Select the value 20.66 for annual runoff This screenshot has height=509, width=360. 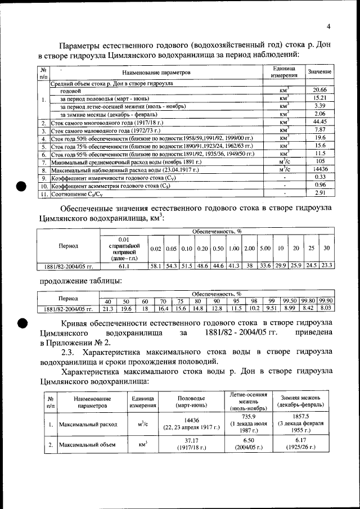pyautogui.click(x=319, y=90)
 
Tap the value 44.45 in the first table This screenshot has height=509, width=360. pyautogui.click(x=319, y=121)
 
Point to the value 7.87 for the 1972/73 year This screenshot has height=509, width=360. pyautogui.click(x=319, y=129)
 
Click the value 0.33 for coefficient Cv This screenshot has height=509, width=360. pyautogui.click(x=319, y=177)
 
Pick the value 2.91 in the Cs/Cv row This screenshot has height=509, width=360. pyautogui.click(x=319, y=193)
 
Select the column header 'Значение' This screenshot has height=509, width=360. pyautogui.click(x=319, y=73)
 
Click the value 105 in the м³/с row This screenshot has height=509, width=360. pyautogui.click(x=319, y=161)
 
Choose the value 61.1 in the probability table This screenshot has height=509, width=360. pyautogui.click(x=124, y=265)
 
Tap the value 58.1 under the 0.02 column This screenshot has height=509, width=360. pyautogui.click(x=156, y=265)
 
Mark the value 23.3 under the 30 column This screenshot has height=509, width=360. pyautogui.click(x=327, y=265)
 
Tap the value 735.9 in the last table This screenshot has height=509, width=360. pyautogui.click(x=245, y=416)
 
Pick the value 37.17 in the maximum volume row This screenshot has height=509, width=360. pyautogui.click(x=192, y=440)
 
